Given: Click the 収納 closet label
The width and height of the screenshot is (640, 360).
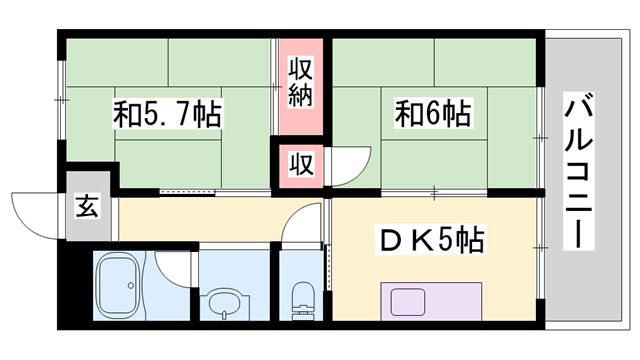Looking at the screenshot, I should (x=302, y=83).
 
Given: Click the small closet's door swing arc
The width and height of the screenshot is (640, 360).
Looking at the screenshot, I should (x=343, y=165).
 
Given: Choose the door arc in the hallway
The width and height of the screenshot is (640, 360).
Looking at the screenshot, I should (x=297, y=227).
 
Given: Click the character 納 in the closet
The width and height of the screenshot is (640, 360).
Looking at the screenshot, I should (x=302, y=96).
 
